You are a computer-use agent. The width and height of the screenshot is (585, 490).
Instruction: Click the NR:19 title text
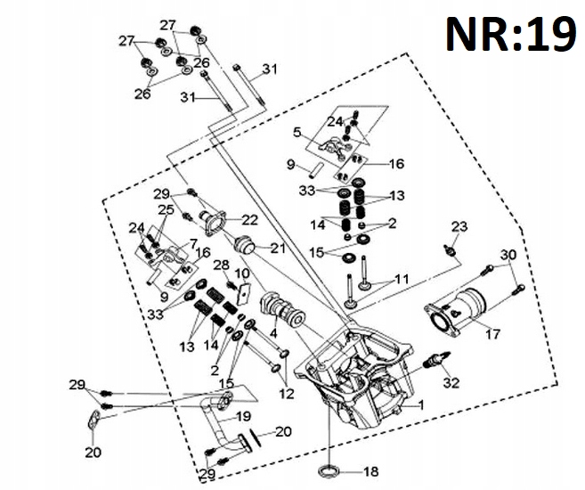[511, 35]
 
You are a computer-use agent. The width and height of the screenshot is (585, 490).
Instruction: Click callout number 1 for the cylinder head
[421, 404]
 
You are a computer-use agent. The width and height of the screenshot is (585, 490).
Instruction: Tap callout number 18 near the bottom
[370, 471]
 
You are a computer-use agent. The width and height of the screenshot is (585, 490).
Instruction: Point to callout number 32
[451, 382]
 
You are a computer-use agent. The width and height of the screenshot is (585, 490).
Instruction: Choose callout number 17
[492, 334]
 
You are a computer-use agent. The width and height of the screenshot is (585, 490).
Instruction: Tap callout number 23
[459, 226]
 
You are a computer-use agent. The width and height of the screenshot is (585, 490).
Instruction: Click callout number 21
[278, 249]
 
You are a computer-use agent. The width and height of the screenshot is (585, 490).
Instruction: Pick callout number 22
[249, 220]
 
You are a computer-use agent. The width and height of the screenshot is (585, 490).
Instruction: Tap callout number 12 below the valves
[287, 394]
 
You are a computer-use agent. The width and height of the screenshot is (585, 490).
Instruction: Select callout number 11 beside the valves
[402, 279]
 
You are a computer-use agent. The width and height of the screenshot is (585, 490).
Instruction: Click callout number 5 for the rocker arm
[297, 132]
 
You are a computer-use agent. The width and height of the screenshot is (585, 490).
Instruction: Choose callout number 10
[242, 274]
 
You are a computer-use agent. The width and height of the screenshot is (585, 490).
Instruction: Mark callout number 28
[221, 265]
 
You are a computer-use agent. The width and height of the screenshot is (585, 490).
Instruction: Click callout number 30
[508, 255]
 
